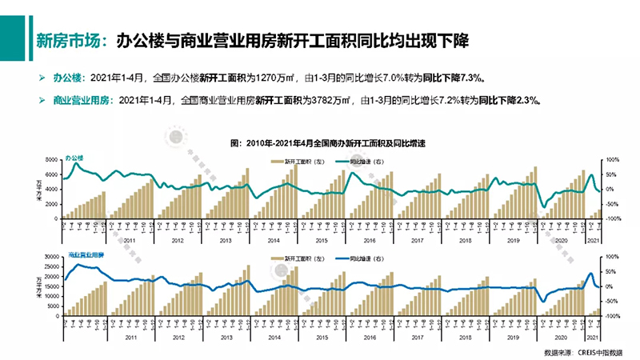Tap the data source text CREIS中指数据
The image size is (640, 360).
click(x=593, y=352)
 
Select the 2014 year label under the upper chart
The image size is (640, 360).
click(x=274, y=241)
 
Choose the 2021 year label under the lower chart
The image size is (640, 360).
click(x=594, y=338)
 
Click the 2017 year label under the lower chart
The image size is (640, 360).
click(x=417, y=338)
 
